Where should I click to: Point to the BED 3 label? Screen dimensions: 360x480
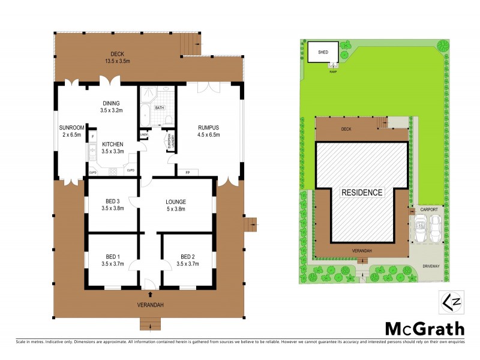[112, 205]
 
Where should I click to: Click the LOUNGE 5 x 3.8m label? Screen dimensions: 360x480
[175, 205]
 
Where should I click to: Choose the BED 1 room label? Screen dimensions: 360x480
[112, 259]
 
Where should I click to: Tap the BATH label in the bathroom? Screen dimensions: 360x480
[159, 108]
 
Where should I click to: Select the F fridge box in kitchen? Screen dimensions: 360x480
[93, 137]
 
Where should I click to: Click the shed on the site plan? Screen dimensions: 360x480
[323, 52]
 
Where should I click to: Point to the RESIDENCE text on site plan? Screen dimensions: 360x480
[362, 193]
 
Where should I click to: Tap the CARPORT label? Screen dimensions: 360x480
[429, 209]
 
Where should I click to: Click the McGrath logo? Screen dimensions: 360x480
[424, 328]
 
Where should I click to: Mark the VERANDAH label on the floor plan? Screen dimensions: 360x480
[149, 305]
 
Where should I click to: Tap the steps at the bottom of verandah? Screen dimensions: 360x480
[149, 325]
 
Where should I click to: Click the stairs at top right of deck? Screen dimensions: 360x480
[191, 43]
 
